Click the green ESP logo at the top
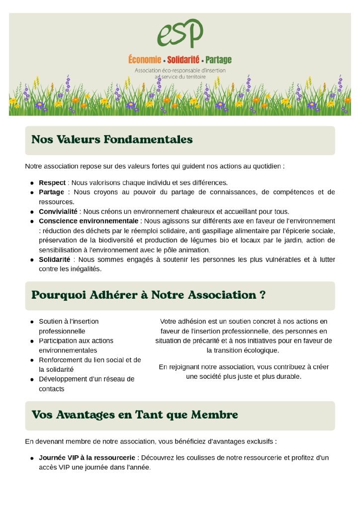180,33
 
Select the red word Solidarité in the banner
183,60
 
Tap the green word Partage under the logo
218,60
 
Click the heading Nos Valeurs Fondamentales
112,140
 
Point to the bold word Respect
52,182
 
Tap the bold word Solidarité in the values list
55,259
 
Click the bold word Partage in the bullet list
52,192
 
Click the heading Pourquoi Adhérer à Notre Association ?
148,295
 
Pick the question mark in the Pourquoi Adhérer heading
262,295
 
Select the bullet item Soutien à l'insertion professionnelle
69,326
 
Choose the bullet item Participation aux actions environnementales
76,345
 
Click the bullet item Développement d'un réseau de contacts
86,384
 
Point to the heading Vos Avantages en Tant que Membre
135,415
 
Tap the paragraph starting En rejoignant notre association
244,371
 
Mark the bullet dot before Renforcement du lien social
32,360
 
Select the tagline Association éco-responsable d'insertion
180,71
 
